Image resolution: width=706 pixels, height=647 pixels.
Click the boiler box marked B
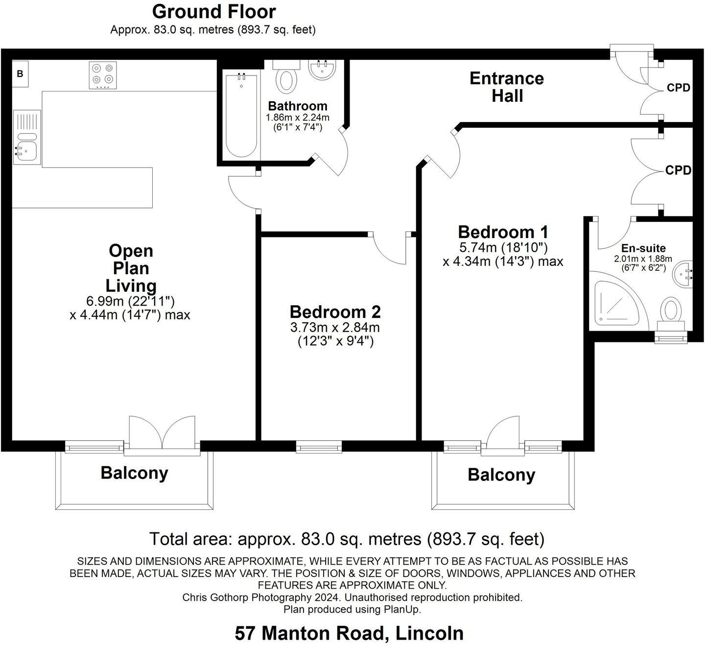pos(21,74)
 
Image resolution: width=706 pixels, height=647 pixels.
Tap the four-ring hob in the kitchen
pos(103,75)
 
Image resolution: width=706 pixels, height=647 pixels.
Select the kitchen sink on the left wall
pos(26,137)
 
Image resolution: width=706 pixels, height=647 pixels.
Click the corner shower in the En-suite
pos(613,303)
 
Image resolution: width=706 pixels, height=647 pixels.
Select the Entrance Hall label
pos(507,87)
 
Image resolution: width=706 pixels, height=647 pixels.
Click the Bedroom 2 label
pos(335,312)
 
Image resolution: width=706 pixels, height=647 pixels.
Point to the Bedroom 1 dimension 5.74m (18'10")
pos(503,247)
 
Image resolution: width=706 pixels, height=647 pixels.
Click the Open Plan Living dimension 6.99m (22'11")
pos(130,300)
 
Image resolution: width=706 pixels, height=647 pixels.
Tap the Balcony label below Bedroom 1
pos(501,475)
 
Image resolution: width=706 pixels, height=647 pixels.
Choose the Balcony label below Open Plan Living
pos(134,473)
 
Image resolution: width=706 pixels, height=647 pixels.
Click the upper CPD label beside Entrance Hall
pos(679,88)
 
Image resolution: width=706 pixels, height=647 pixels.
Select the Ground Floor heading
pos(214,11)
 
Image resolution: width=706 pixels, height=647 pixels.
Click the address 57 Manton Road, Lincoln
pos(349,633)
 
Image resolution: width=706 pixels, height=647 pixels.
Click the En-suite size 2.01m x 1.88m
pos(643,259)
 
